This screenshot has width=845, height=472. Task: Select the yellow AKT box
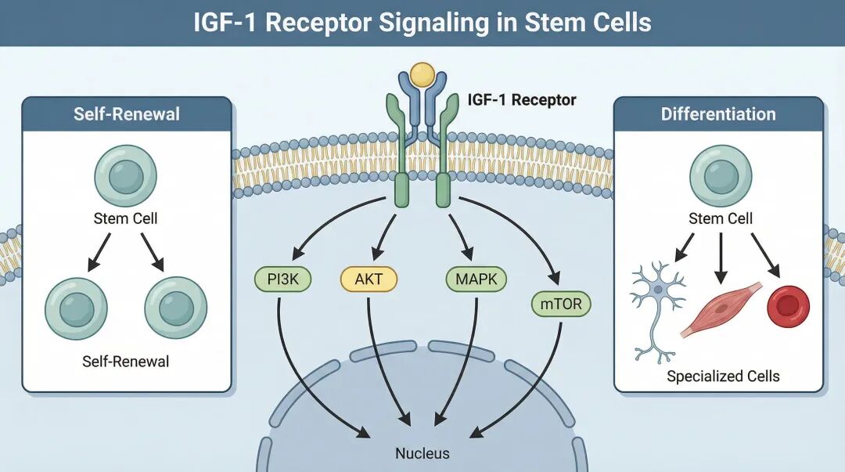[369, 279]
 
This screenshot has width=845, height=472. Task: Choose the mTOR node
[561, 304]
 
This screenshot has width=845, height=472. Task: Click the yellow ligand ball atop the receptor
[422, 74]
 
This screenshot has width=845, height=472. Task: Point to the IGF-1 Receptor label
[521, 100]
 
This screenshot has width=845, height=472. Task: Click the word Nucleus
[422, 453]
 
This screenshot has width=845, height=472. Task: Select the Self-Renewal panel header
[127, 114]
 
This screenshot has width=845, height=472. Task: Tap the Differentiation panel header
[718, 114]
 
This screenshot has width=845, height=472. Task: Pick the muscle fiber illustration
[721, 308]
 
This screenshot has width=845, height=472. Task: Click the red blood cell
[788, 306]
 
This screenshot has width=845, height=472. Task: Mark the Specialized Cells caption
[723, 377]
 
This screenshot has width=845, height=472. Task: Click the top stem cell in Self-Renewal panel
[125, 175]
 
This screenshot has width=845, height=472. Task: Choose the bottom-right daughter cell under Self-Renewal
[175, 308]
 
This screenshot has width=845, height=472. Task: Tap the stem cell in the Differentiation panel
[720, 175]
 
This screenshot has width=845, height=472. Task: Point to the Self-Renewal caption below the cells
[125, 362]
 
